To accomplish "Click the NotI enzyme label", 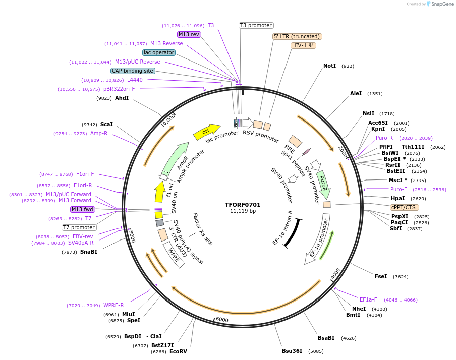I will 329,66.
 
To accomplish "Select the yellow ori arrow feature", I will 207,131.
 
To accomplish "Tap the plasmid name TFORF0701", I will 243,205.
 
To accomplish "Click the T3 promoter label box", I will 256,25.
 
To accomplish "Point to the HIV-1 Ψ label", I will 303,45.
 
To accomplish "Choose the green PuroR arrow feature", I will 323,185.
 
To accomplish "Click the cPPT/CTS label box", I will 405,207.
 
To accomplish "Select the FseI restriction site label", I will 381,276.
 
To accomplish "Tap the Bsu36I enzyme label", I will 292,351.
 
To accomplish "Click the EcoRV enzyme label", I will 178,351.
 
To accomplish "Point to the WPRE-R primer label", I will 113,305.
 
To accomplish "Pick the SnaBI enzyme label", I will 89,252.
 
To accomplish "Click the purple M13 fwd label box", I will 83,209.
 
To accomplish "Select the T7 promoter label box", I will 79,227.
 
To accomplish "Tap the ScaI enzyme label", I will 106,124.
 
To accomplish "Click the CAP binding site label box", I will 133,71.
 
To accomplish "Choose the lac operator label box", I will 159,52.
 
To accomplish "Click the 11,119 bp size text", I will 243,211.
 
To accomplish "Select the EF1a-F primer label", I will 368,299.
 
